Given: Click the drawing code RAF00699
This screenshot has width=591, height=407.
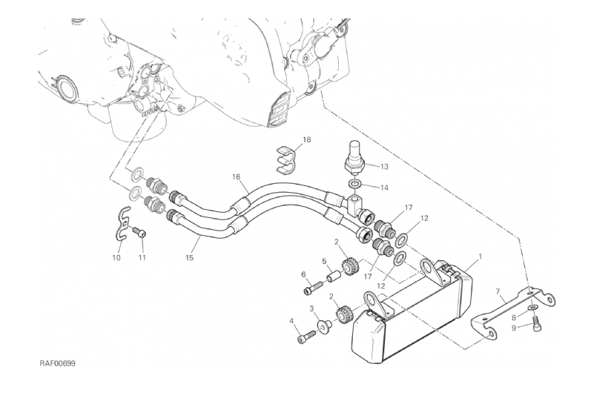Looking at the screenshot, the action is pos(58,364).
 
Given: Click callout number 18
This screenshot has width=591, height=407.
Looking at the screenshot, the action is pos(307,140).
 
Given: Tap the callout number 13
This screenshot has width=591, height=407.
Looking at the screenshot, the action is pos(383,167).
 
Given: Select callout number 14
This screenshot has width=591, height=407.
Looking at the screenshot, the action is pos(383,188).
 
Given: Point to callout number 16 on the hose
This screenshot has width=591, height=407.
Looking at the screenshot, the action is pos(236,176).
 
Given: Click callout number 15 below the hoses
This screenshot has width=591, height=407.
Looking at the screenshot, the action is pos(189,258).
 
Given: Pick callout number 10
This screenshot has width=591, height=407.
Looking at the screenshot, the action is pos(116,258).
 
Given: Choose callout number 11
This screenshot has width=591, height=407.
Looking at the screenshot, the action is pos(142,258).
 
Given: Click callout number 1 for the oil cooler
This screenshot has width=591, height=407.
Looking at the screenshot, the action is pos(480,257).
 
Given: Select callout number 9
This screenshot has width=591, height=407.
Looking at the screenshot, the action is pos(514,328).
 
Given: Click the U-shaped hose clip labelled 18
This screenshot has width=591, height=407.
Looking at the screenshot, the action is pos(285,159).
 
